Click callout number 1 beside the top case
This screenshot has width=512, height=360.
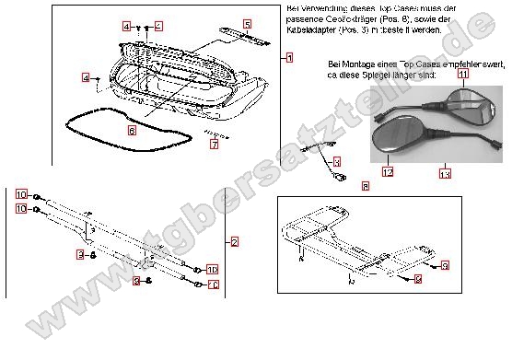coord(288,58)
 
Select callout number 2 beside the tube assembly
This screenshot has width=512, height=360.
coord(235,242)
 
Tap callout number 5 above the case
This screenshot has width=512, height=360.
coord(247,23)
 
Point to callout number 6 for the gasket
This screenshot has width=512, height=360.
coord(132,132)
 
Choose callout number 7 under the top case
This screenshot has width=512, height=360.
coord(213,145)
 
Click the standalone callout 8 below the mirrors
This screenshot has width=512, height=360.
coord(366,186)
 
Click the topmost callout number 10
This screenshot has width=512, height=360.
coord(21,194)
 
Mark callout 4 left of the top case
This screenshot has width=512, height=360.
coord(86,80)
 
